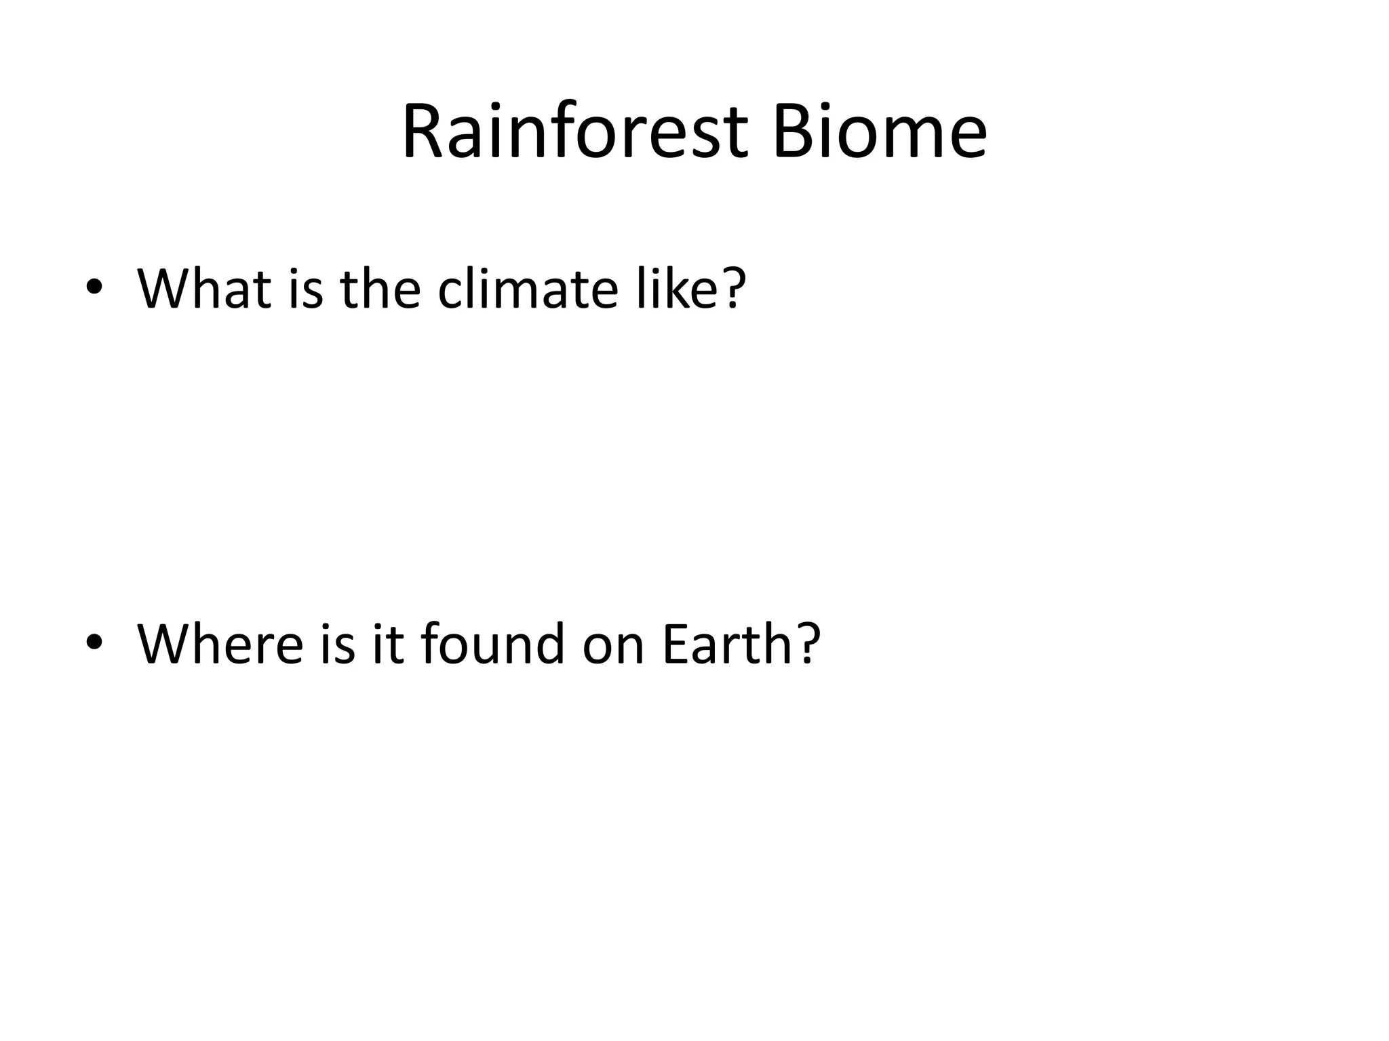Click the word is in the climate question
306,289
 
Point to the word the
380,289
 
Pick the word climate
528,289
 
